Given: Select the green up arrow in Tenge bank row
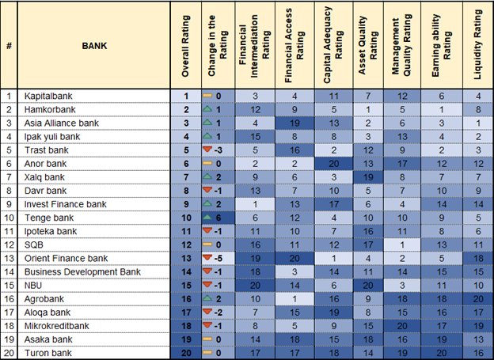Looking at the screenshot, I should (207, 217).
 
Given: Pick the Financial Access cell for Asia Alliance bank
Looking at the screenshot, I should (294, 123).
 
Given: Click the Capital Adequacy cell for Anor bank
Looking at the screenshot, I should (332, 164).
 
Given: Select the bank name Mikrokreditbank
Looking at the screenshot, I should (56, 324).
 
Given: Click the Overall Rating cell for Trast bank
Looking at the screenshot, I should (184, 150).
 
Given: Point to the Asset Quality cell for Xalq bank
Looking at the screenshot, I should (367, 177).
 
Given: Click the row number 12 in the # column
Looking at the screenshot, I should (9, 244).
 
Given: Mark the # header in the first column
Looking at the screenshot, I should (9, 46).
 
